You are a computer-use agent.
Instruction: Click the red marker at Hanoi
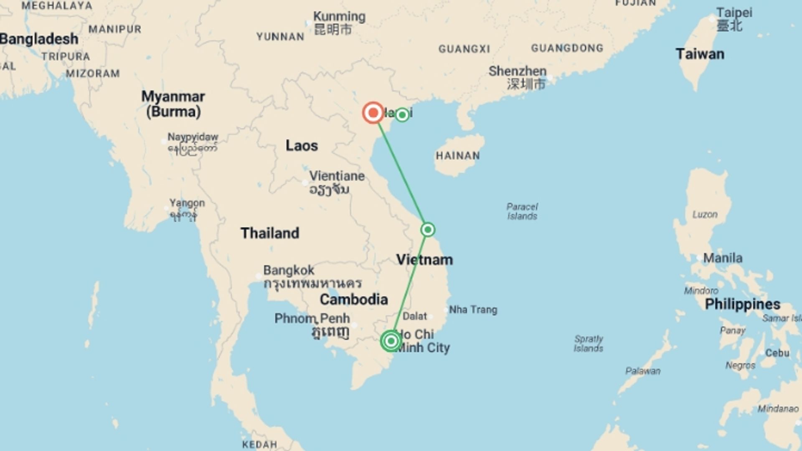[x=373, y=113]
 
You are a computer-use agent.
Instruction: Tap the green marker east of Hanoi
[x=402, y=114]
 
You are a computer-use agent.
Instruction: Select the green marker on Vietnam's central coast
[x=428, y=230]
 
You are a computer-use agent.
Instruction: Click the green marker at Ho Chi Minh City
[x=391, y=341]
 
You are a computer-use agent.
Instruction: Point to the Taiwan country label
[x=700, y=54]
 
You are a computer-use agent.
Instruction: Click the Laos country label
[x=302, y=146]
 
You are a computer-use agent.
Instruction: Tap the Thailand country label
[x=270, y=233]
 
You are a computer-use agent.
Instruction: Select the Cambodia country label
[x=354, y=299]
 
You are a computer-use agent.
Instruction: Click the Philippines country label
[x=742, y=304]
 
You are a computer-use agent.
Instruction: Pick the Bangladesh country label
[x=39, y=39]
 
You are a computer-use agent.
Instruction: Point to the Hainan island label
[x=458, y=156]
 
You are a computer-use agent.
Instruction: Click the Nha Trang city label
[x=473, y=310]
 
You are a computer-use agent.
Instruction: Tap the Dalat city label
[x=415, y=317]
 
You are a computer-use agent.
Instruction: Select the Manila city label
[x=723, y=258]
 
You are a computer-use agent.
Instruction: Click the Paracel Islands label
[x=522, y=211]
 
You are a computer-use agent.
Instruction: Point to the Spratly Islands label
[x=588, y=343]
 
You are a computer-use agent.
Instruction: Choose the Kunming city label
[x=339, y=17]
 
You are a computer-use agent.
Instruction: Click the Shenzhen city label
[x=518, y=71]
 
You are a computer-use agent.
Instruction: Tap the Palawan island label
[x=643, y=371]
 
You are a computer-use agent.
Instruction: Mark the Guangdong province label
[x=567, y=48]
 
